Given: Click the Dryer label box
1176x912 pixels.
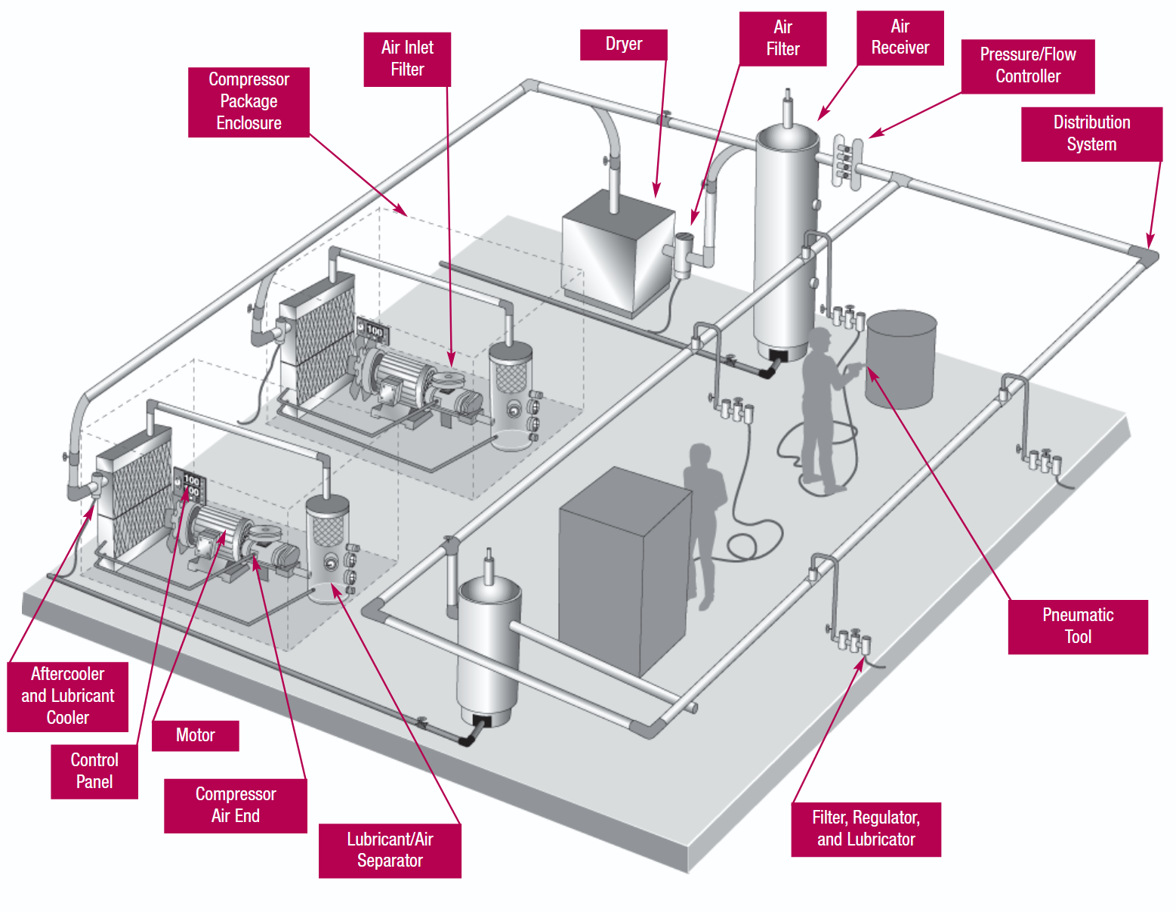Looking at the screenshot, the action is (x=623, y=45).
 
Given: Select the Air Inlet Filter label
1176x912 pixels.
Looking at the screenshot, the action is (x=407, y=59).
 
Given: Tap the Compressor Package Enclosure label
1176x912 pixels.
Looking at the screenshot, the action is (x=248, y=102).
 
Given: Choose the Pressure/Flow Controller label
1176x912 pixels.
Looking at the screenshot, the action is (x=1028, y=66).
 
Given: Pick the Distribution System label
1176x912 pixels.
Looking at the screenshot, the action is (x=1091, y=134).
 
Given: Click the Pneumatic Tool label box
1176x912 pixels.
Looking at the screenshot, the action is (x=1078, y=626).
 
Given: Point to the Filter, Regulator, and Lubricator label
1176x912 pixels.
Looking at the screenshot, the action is (x=866, y=829).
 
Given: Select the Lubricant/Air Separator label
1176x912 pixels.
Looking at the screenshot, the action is (x=390, y=850).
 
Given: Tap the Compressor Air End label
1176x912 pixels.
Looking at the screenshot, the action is (x=236, y=805).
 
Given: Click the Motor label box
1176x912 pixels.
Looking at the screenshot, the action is (x=195, y=735).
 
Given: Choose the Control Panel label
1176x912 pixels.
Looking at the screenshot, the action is (x=94, y=771).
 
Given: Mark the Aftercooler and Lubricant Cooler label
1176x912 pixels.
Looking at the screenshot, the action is (x=68, y=696).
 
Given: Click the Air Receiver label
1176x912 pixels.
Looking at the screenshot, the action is (x=900, y=38).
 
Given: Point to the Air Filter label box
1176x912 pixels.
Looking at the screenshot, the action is (x=782, y=39).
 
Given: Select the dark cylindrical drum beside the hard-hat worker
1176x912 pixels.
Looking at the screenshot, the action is (x=901, y=360).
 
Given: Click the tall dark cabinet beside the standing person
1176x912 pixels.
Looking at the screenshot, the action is (x=625, y=571).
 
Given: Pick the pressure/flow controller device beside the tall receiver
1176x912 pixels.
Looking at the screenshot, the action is (x=847, y=161).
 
